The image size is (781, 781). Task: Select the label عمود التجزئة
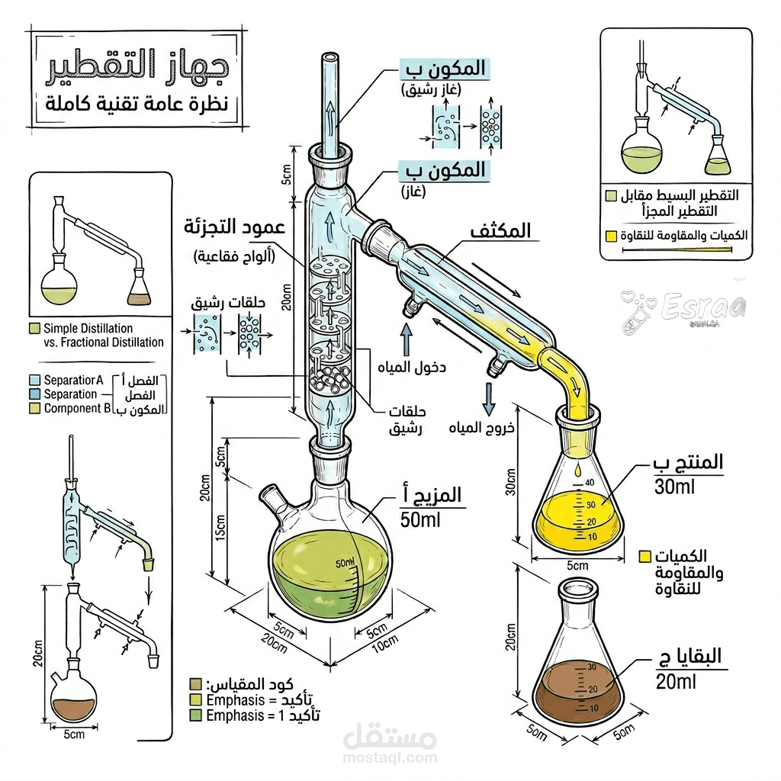228,228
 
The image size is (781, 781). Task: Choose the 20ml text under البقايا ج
676,682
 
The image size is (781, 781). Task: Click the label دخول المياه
412,368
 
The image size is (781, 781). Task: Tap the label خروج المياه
488,427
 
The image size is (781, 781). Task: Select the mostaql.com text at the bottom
390,757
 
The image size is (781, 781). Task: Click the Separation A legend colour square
34,380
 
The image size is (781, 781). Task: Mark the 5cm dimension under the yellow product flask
577,565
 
